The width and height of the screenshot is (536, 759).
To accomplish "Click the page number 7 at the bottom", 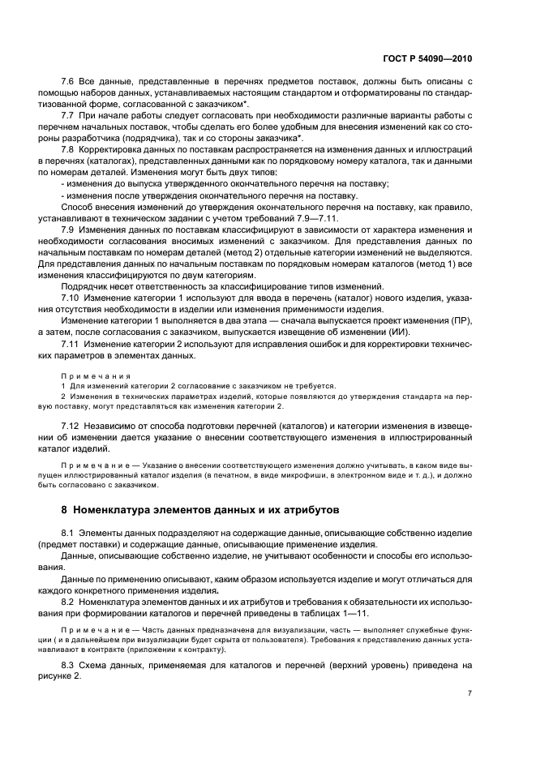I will [x=470, y=693].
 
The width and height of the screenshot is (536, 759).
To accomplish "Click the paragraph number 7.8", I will [x=68, y=150].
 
